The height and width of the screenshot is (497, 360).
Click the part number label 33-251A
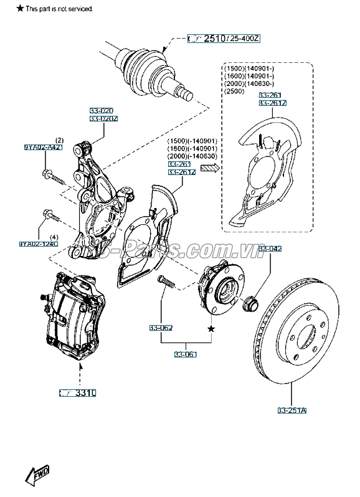(292, 410)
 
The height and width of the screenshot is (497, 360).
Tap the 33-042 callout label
(270, 249)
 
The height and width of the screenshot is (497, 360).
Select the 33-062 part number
(161, 328)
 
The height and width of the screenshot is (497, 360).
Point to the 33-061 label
(186, 354)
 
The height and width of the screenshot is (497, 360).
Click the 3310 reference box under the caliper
(78, 393)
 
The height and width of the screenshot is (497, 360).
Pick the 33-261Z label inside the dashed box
(273, 103)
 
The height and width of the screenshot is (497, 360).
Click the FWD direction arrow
(37, 476)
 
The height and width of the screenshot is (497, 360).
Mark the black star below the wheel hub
(211, 328)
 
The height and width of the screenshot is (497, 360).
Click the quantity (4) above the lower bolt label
(54, 237)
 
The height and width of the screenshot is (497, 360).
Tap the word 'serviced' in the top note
(80, 9)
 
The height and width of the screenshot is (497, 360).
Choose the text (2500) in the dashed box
(233, 91)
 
